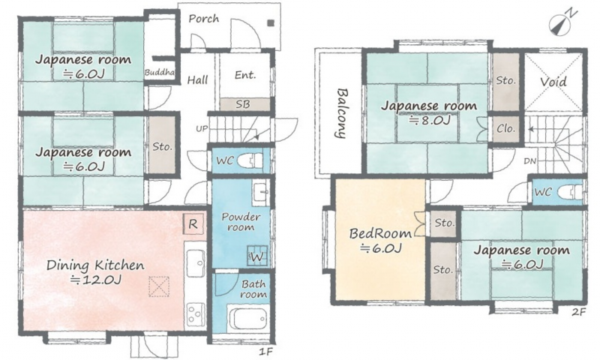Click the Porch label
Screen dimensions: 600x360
tap(204, 18)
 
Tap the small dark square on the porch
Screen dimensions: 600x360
tap(271, 23)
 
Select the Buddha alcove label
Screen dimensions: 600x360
tap(160, 72)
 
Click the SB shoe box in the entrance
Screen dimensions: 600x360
tap(245, 104)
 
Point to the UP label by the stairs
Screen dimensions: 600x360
tap(202, 128)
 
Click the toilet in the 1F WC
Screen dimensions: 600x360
tap(250, 160)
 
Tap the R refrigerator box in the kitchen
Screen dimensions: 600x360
tap(193, 223)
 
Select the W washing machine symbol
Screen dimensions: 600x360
tap(257, 255)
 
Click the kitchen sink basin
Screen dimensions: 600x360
tap(195, 258)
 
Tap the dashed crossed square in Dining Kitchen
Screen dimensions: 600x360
tap(159, 286)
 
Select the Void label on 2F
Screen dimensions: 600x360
tap(553, 82)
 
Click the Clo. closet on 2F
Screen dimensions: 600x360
tap(505, 128)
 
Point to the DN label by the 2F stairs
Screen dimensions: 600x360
tap(530, 161)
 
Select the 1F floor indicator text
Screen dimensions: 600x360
tap(267, 352)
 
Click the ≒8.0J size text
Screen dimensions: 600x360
tap(429, 121)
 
